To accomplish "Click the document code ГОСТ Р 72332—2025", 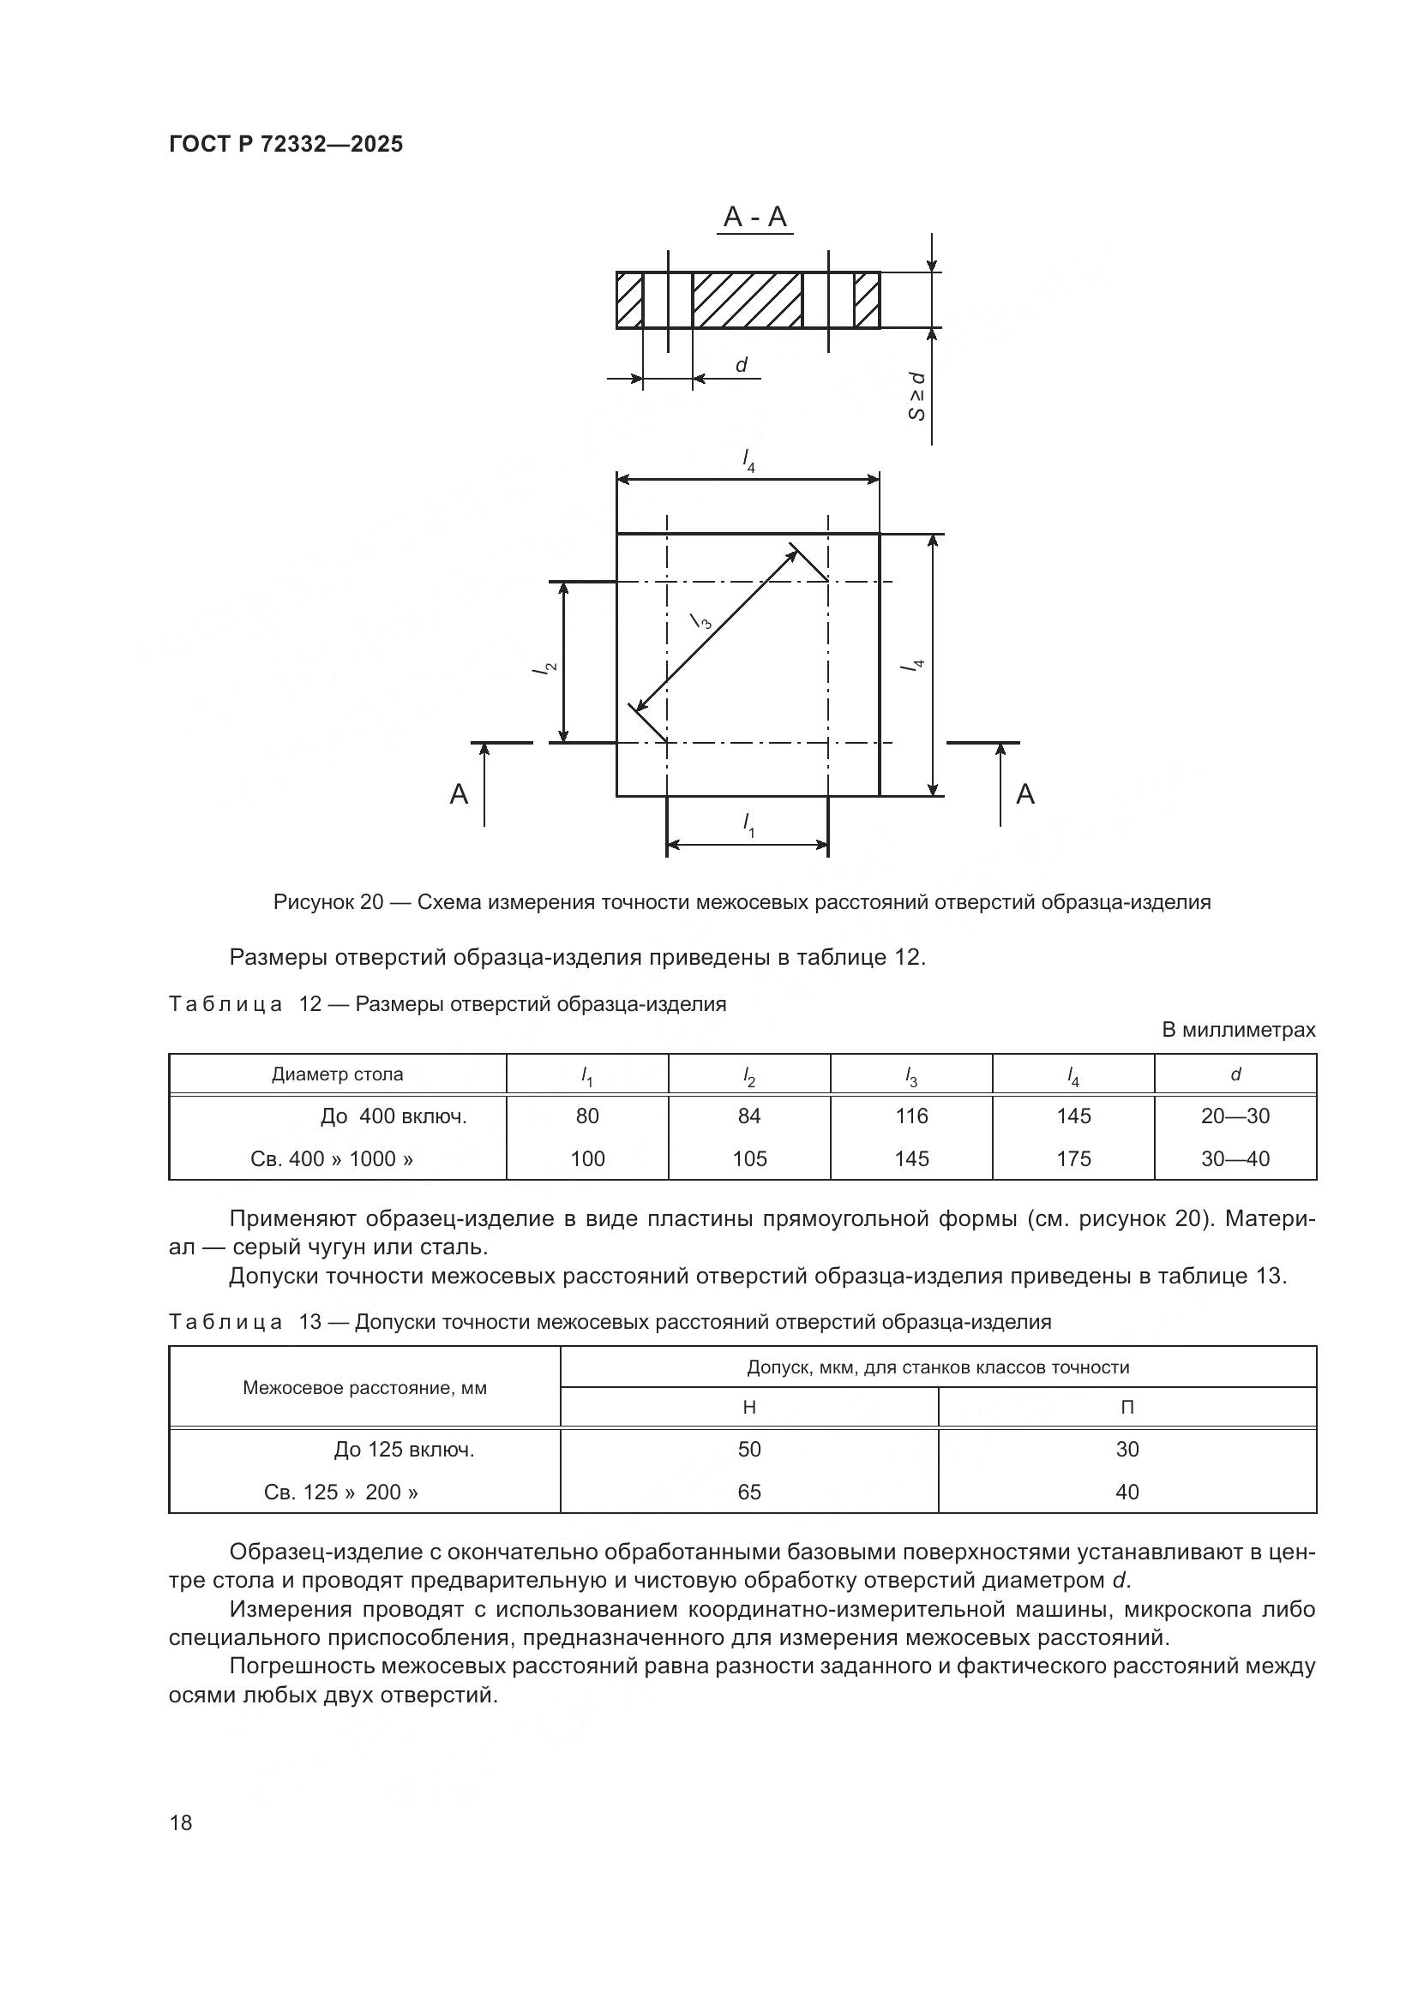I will tap(285, 144).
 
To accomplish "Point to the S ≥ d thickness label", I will tap(916, 395).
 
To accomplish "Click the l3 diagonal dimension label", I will tap(701, 620).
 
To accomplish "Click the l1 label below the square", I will tap(748, 825).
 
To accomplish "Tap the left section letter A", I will tap(459, 794).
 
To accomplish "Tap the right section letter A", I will tap(1025, 794).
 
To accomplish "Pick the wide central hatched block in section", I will tap(748, 300).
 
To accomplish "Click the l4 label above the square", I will tap(748, 460).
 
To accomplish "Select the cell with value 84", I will tap(749, 1116).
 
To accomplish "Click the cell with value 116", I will tap(911, 1116).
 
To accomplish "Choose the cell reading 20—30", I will tap(1235, 1116).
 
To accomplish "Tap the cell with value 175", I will tap(1073, 1158).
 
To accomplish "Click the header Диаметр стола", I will tap(337, 1074).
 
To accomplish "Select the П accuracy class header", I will tap(1127, 1407).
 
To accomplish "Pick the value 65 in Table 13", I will tap(749, 1492).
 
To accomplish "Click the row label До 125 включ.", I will tap(404, 1450).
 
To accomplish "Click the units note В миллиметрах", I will tap(1237, 1030).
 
